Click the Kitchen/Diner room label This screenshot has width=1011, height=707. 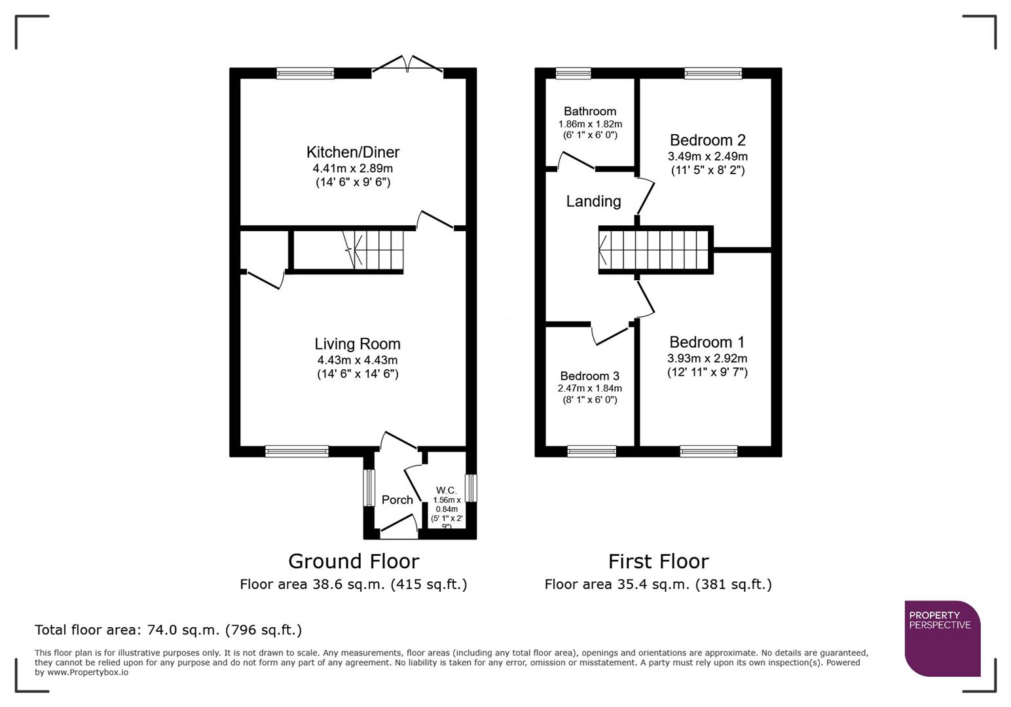(352, 153)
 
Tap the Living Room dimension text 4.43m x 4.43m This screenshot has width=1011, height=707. (357, 360)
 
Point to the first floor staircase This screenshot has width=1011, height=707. (655, 250)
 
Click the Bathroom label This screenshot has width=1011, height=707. (589, 111)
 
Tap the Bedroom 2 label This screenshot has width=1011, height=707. (707, 140)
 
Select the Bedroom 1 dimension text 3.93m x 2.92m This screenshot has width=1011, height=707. (707, 359)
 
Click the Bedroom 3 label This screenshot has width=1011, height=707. (589, 376)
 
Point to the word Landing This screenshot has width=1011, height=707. (593, 202)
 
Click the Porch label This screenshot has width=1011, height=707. (397, 500)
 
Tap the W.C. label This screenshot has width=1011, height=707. (447, 490)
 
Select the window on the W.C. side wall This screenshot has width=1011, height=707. (471, 488)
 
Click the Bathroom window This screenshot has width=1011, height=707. (573, 73)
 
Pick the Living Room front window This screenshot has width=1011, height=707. (297, 451)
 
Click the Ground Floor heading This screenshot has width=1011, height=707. (353, 562)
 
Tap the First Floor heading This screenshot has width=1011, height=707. (658, 562)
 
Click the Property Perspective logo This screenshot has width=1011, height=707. (942, 638)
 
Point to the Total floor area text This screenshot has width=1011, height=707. (168, 630)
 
